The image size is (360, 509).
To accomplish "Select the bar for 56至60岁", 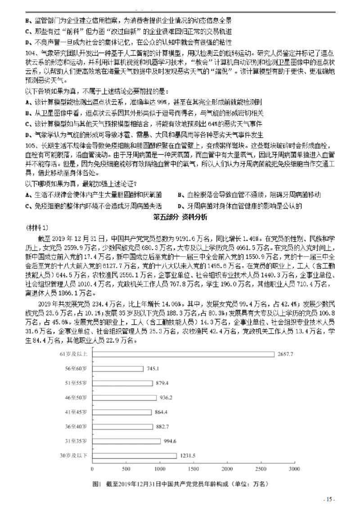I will tap(117, 369).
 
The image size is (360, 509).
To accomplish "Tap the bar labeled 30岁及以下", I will tap(134, 455).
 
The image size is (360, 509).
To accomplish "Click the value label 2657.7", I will tap(285, 354).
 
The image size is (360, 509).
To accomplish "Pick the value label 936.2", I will tap(167, 397).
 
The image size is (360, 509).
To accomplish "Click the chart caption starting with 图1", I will tap(180, 484).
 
